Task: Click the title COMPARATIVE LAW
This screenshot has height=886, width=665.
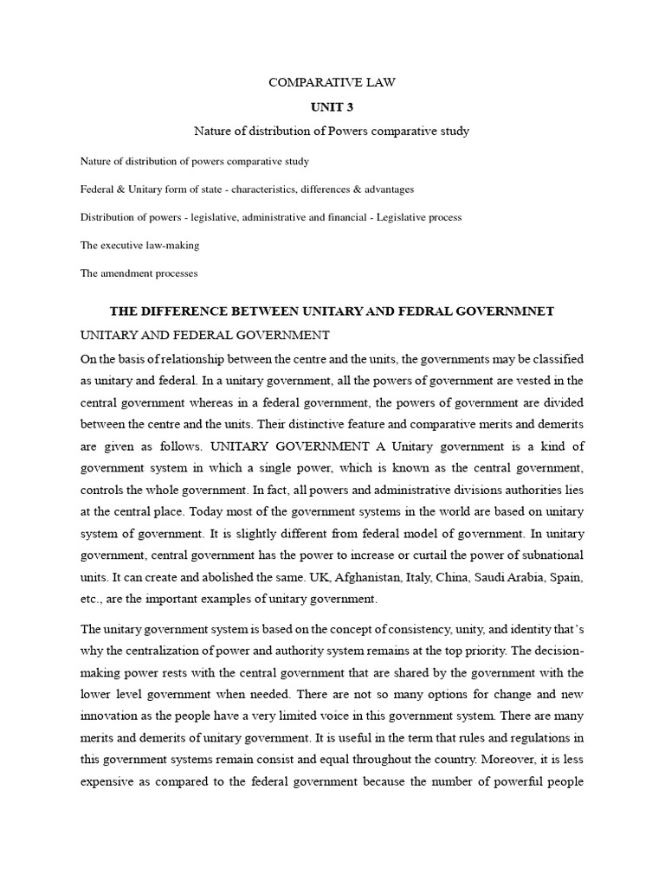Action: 332,83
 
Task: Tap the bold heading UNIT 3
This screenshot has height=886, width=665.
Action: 332,107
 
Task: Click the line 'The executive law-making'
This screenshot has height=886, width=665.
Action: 139,245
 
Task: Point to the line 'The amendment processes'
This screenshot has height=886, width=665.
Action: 139,273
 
